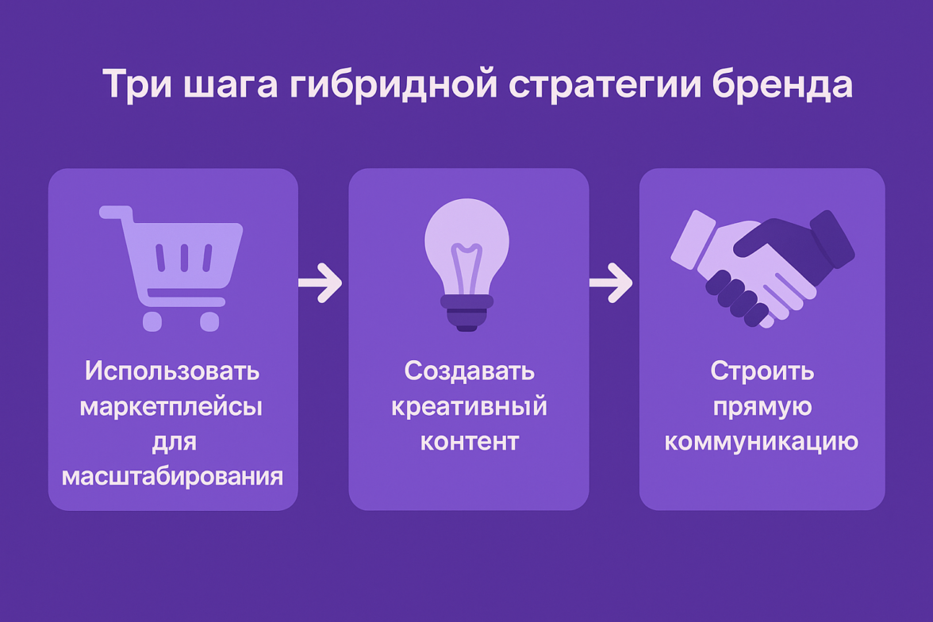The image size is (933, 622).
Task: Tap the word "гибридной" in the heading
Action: pyautogui.click(x=394, y=84)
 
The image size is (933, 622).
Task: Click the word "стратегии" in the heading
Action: pyautogui.click(x=605, y=85)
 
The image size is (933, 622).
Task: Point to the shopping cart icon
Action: pyautogui.click(x=171, y=268)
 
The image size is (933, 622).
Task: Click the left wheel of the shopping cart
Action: pyautogui.click(x=152, y=321)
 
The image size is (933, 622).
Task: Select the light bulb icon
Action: pyautogui.click(x=466, y=265)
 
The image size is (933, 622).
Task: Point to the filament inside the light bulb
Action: pyautogui.click(x=466, y=268)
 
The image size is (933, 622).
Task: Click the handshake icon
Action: pyautogui.click(x=763, y=268)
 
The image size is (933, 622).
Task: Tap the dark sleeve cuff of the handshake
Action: pyautogui.click(x=831, y=238)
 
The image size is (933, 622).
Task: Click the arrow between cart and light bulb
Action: pyautogui.click(x=321, y=282)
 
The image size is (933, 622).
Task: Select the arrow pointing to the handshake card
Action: pyautogui.click(x=611, y=282)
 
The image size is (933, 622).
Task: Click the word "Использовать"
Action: pyautogui.click(x=172, y=371)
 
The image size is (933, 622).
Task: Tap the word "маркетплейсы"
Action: pyautogui.click(x=171, y=406)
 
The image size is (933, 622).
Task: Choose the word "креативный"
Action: pyautogui.click(x=469, y=406)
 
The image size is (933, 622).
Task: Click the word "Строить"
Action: pyautogui.click(x=762, y=371)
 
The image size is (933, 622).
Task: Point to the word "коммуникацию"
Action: pyautogui.click(x=762, y=442)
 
